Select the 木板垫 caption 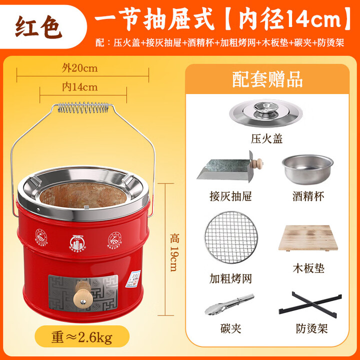coord(308,269)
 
